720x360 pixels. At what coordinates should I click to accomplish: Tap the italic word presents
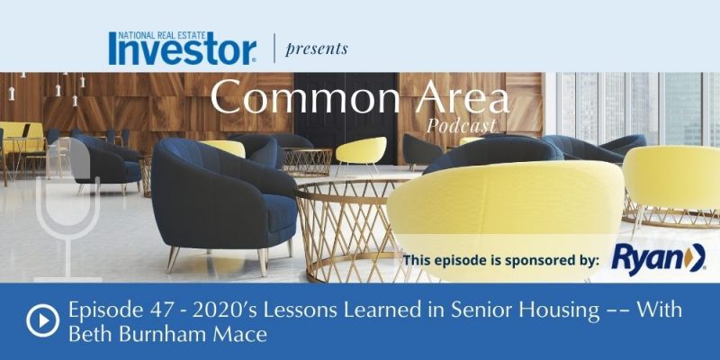pyautogui.click(x=317, y=49)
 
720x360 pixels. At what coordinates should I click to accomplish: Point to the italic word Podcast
pyautogui.click(x=461, y=125)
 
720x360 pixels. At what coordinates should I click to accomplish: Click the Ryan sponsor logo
pyautogui.click(x=659, y=260)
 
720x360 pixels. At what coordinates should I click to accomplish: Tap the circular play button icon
pyautogui.click(x=42, y=320)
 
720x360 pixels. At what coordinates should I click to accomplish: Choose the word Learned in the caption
pyautogui.click(x=366, y=310)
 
